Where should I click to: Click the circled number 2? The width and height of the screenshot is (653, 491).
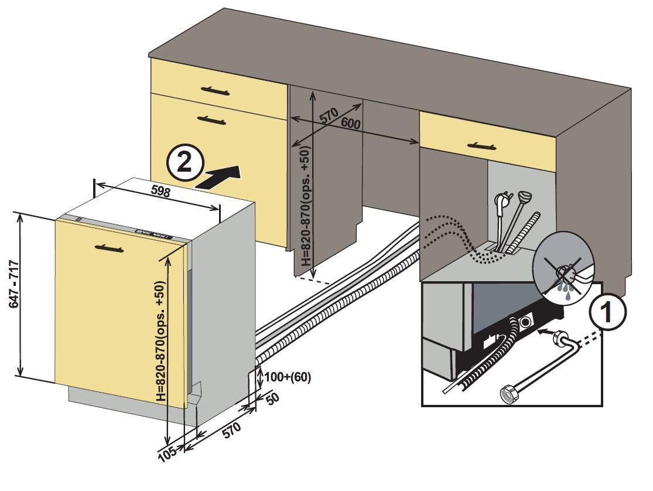(x=185, y=162)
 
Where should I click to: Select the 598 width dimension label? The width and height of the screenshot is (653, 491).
(x=160, y=192)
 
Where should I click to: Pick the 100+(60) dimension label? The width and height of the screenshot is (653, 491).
(x=288, y=377)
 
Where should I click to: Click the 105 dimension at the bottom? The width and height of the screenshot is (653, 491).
(x=168, y=452)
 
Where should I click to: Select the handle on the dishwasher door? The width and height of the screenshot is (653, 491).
(x=109, y=248)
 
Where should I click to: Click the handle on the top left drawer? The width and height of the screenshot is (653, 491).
(x=215, y=90)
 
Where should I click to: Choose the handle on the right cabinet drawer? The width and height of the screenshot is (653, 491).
(x=481, y=146)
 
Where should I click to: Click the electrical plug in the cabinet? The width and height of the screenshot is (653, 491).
(x=500, y=203)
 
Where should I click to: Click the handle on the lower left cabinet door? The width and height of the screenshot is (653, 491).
(x=211, y=121)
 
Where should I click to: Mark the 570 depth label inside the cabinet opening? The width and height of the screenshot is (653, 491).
(x=329, y=115)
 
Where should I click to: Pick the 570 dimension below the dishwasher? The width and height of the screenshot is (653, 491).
(x=231, y=430)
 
